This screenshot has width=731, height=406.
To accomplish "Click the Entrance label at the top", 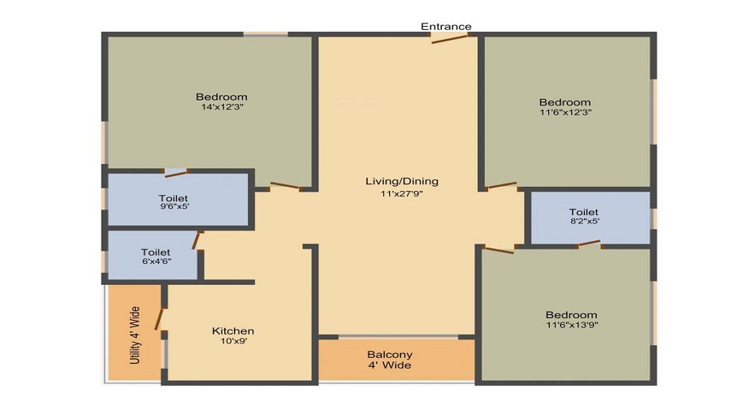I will (446, 27).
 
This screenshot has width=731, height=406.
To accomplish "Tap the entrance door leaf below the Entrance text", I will (450, 38).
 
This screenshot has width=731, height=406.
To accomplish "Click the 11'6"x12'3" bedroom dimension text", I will (564, 112).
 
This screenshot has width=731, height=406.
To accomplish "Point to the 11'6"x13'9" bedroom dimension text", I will (571, 325).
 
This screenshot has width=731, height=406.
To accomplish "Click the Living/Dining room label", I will (402, 181).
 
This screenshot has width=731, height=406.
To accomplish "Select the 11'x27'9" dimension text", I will (402, 193).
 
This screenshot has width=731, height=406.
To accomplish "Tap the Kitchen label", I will (233, 330).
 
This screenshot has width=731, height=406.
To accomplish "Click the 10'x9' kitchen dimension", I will (233, 342).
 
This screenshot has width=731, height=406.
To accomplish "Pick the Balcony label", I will (390, 355).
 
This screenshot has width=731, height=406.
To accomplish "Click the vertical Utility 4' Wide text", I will (136, 334).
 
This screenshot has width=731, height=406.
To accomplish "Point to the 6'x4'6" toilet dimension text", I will (155, 262).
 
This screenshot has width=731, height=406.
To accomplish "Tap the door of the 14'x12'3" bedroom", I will (284, 187).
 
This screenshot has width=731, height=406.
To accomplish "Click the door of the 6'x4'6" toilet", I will (197, 240).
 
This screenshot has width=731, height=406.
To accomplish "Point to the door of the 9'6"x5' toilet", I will (175, 172).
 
